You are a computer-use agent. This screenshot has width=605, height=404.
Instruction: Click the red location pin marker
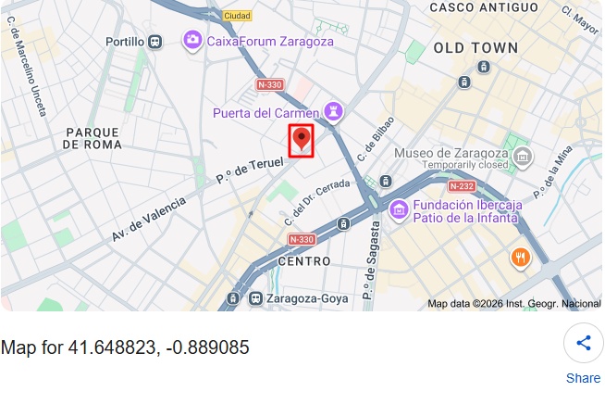coord(301,141)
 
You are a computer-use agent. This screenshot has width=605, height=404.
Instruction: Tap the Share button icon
coord(583,343)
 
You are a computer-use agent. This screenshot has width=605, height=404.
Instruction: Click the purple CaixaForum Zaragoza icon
coord(192,40)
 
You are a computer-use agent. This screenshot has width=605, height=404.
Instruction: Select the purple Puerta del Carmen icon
coord(333,113)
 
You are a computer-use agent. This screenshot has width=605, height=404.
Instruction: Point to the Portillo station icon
coord(155,41)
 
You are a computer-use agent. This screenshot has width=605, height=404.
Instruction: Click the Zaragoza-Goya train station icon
coord(255,298)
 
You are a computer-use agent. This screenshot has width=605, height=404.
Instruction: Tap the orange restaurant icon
coord(520,258)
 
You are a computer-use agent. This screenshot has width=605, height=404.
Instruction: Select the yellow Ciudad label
coord(238,16)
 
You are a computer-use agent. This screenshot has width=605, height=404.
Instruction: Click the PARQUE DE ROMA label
coord(93,138)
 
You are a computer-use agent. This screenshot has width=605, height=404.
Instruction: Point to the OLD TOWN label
coord(469,47)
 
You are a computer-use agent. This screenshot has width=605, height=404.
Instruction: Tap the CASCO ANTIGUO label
coord(484,7)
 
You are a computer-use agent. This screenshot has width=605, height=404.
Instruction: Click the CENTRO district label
coord(303,261)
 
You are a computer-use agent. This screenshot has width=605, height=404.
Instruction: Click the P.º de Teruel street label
coord(249,169)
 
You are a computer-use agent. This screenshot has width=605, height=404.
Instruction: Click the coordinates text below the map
coord(125,347)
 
